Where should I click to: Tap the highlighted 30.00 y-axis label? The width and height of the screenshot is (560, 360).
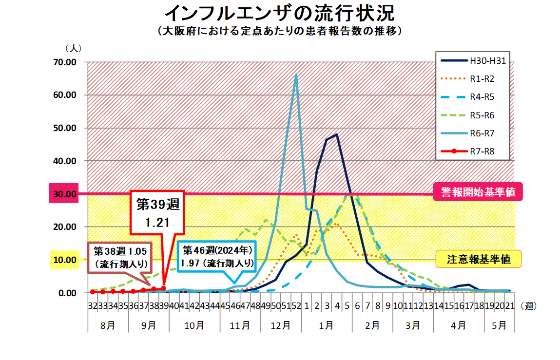pos(64,194)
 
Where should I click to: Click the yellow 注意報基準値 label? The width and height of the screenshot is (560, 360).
pos(479,259)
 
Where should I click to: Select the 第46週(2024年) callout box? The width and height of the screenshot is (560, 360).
pos(217,256)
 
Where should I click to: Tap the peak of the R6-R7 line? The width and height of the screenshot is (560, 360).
pos(296,74)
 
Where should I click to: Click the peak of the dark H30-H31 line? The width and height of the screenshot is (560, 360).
pos(337,134)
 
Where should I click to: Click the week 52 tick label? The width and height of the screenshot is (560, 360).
pos(296,306)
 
